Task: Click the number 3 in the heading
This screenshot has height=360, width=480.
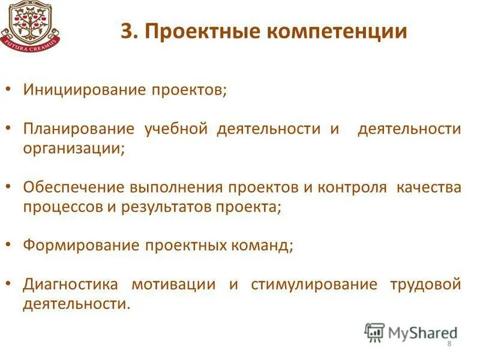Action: (x=125, y=31)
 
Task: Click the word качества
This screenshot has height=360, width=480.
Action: (x=428, y=187)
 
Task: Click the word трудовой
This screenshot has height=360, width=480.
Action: (x=425, y=284)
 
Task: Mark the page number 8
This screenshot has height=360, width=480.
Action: (x=449, y=343)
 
